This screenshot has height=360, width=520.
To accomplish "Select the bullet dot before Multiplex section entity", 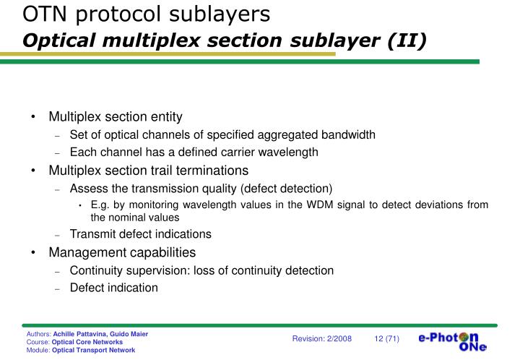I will [34, 117].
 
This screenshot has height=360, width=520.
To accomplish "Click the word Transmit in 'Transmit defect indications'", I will [91, 233].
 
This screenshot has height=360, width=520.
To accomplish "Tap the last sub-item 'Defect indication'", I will [113, 288].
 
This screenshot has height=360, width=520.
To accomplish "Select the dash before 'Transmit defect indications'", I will [58, 234].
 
